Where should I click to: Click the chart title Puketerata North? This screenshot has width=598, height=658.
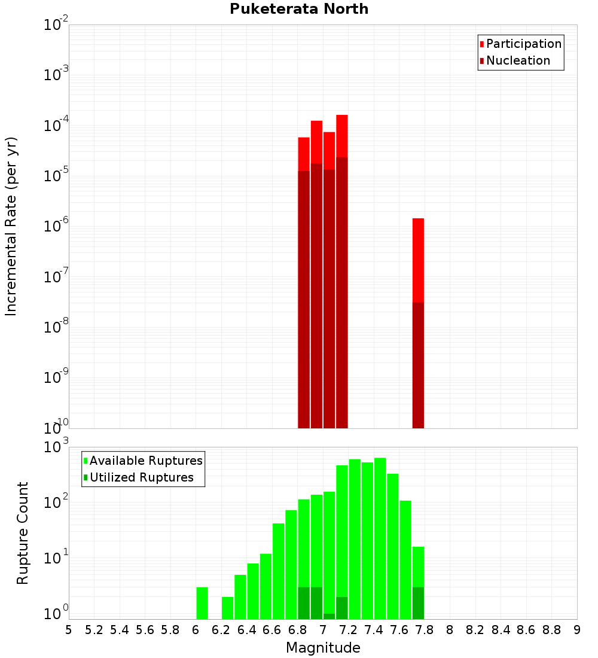[x=299, y=9]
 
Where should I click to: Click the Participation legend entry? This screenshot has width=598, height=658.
[x=523, y=44]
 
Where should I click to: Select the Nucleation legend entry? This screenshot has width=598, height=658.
[x=517, y=61]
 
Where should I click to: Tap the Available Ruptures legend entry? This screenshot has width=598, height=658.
[x=145, y=461]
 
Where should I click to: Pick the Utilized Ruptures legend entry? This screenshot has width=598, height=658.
[x=141, y=478]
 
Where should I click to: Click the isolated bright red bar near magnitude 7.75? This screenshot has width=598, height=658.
[x=418, y=260]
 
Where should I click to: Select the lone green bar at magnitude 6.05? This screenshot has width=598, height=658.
[x=202, y=603]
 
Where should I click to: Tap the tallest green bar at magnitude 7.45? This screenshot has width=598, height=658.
[x=380, y=538]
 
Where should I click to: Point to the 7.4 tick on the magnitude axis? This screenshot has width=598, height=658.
[x=374, y=630]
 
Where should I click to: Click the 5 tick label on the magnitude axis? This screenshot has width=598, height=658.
[x=69, y=630]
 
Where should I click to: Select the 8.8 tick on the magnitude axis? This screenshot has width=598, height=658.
[x=551, y=630]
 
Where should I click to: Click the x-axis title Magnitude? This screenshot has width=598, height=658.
[x=323, y=648]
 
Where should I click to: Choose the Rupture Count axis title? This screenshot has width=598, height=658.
[x=23, y=532]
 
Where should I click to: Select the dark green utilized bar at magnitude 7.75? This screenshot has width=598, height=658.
[x=418, y=603]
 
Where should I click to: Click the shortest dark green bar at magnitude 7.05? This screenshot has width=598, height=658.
[x=329, y=616]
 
